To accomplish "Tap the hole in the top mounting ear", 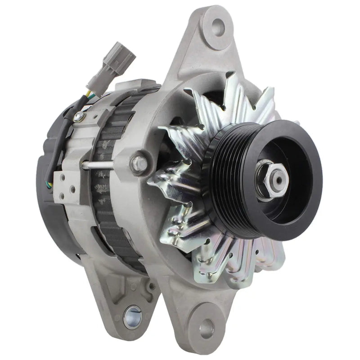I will pos(218,27).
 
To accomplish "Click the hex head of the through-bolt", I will pos(138,163).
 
